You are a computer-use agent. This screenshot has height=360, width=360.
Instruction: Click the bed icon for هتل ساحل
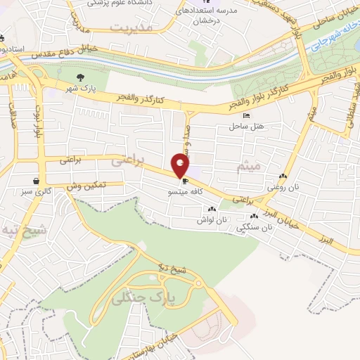245,115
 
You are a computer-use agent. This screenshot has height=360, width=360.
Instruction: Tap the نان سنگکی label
257,227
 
